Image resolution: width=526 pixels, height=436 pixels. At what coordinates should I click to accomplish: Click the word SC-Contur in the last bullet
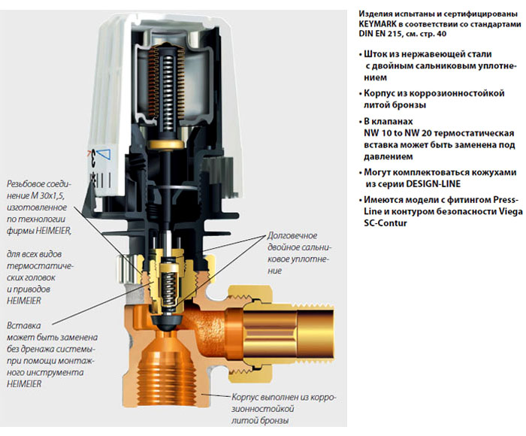click(385, 223)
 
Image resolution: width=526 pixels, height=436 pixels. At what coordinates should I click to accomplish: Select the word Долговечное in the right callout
click(292, 235)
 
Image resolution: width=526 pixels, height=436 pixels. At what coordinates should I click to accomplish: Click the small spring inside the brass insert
click(168, 288)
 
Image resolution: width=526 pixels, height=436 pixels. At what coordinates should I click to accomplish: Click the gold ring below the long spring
click(167, 144)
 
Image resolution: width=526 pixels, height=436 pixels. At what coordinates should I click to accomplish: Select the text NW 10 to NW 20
click(396, 133)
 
